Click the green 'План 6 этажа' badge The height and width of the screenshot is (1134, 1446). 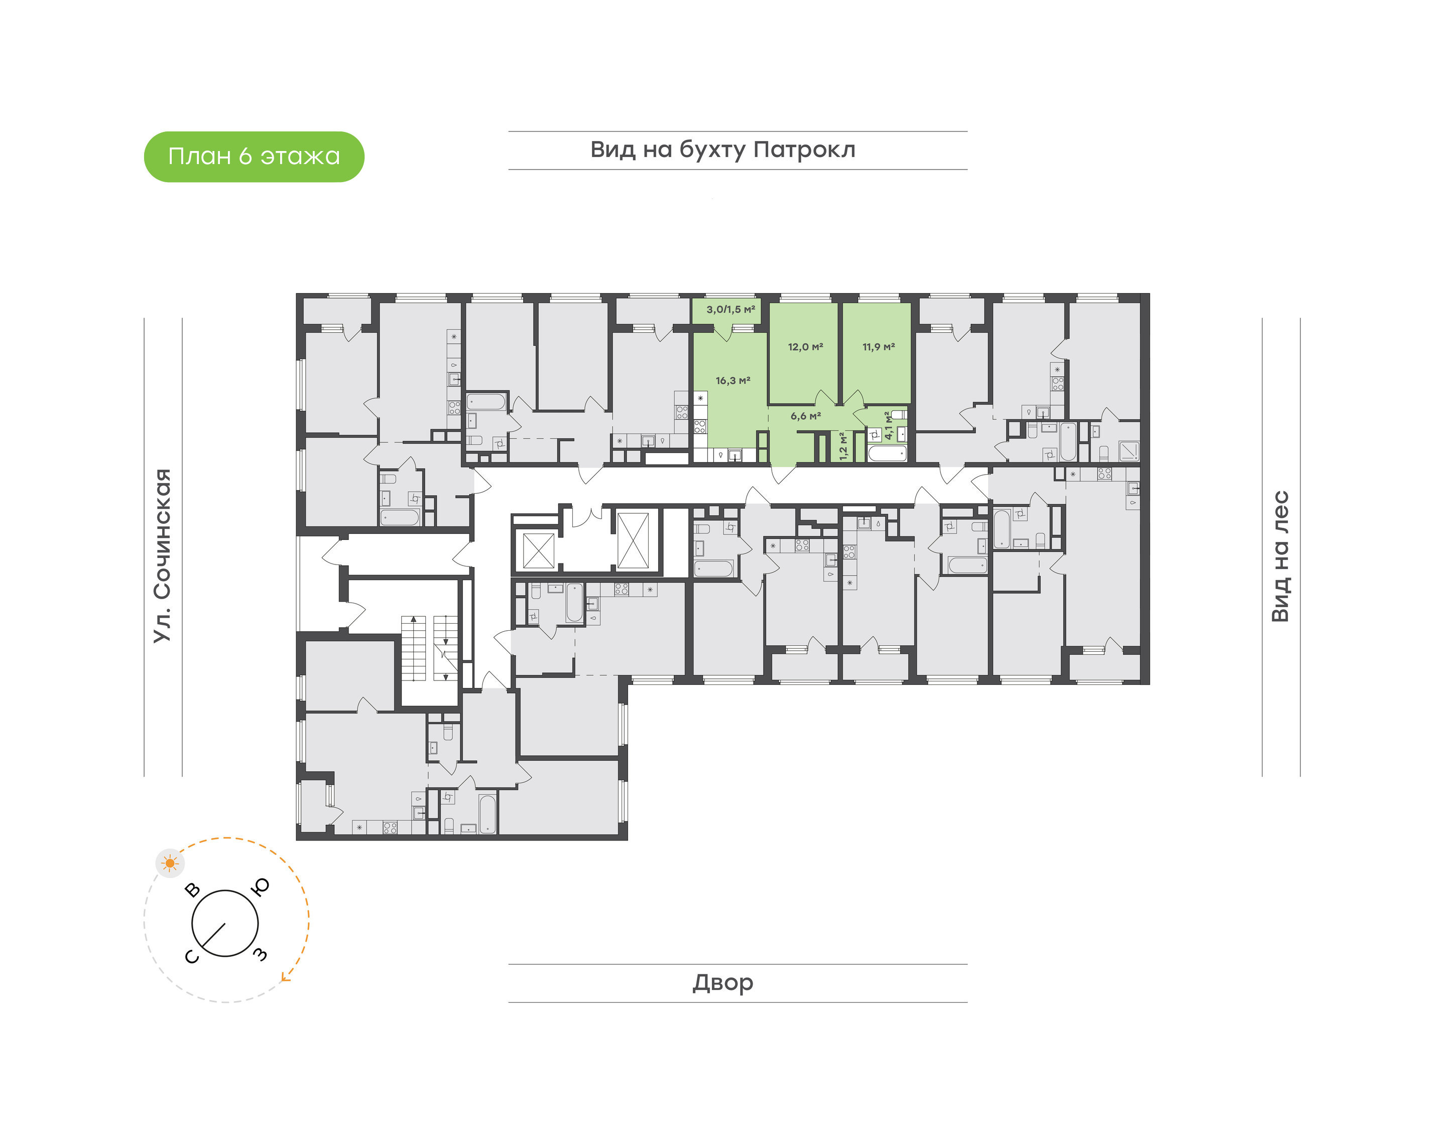point(254,157)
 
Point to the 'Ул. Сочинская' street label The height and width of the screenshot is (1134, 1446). point(163,556)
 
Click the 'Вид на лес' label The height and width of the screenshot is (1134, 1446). point(1280,556)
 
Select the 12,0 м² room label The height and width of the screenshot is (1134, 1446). point(805,347)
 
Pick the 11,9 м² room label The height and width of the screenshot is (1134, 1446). point(878,347)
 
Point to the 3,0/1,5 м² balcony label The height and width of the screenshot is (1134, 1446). point(731,310)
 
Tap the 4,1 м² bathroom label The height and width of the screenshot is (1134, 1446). point(888,426)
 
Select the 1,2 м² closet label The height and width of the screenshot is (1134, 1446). point(843,446)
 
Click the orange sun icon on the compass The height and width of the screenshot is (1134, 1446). point(171,863)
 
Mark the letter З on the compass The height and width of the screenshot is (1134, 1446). point(261,955)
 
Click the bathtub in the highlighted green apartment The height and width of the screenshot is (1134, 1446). point(887,454)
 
